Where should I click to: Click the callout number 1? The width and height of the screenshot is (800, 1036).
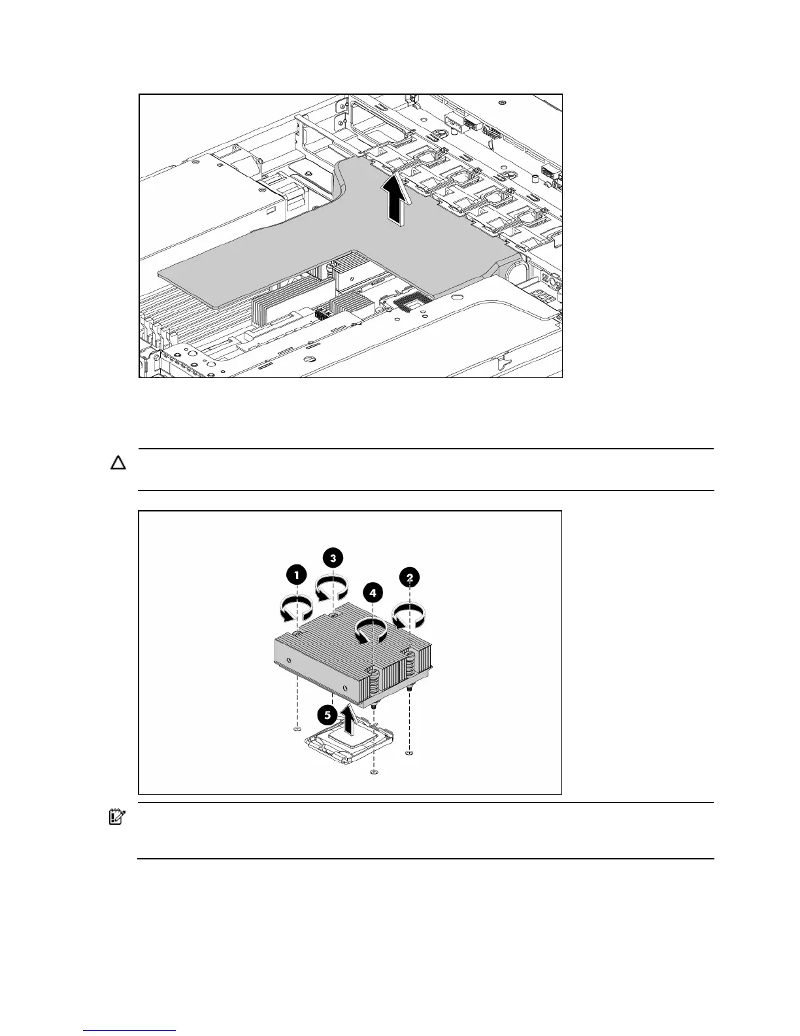pyautogui.click(x=297, y=575)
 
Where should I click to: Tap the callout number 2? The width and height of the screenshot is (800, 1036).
pyautogui.click(x=409, y=577)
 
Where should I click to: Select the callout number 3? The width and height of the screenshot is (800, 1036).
pyautogui.click(x=333, y=558)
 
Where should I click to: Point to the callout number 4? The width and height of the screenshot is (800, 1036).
pyautogui.click(x=372, y=593)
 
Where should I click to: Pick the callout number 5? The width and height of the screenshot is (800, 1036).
pyautogui.click(x=327, y=715)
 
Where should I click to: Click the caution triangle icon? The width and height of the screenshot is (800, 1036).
pyautogui.click(x=118, y=464)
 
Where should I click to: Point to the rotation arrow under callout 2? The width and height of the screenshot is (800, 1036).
pyautogui.click(x=408, y=615)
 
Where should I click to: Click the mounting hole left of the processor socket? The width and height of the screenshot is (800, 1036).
pyautogui.click(x=297, y=729)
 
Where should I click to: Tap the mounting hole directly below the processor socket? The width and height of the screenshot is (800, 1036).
pyautogui.click(x=373, y=772)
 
